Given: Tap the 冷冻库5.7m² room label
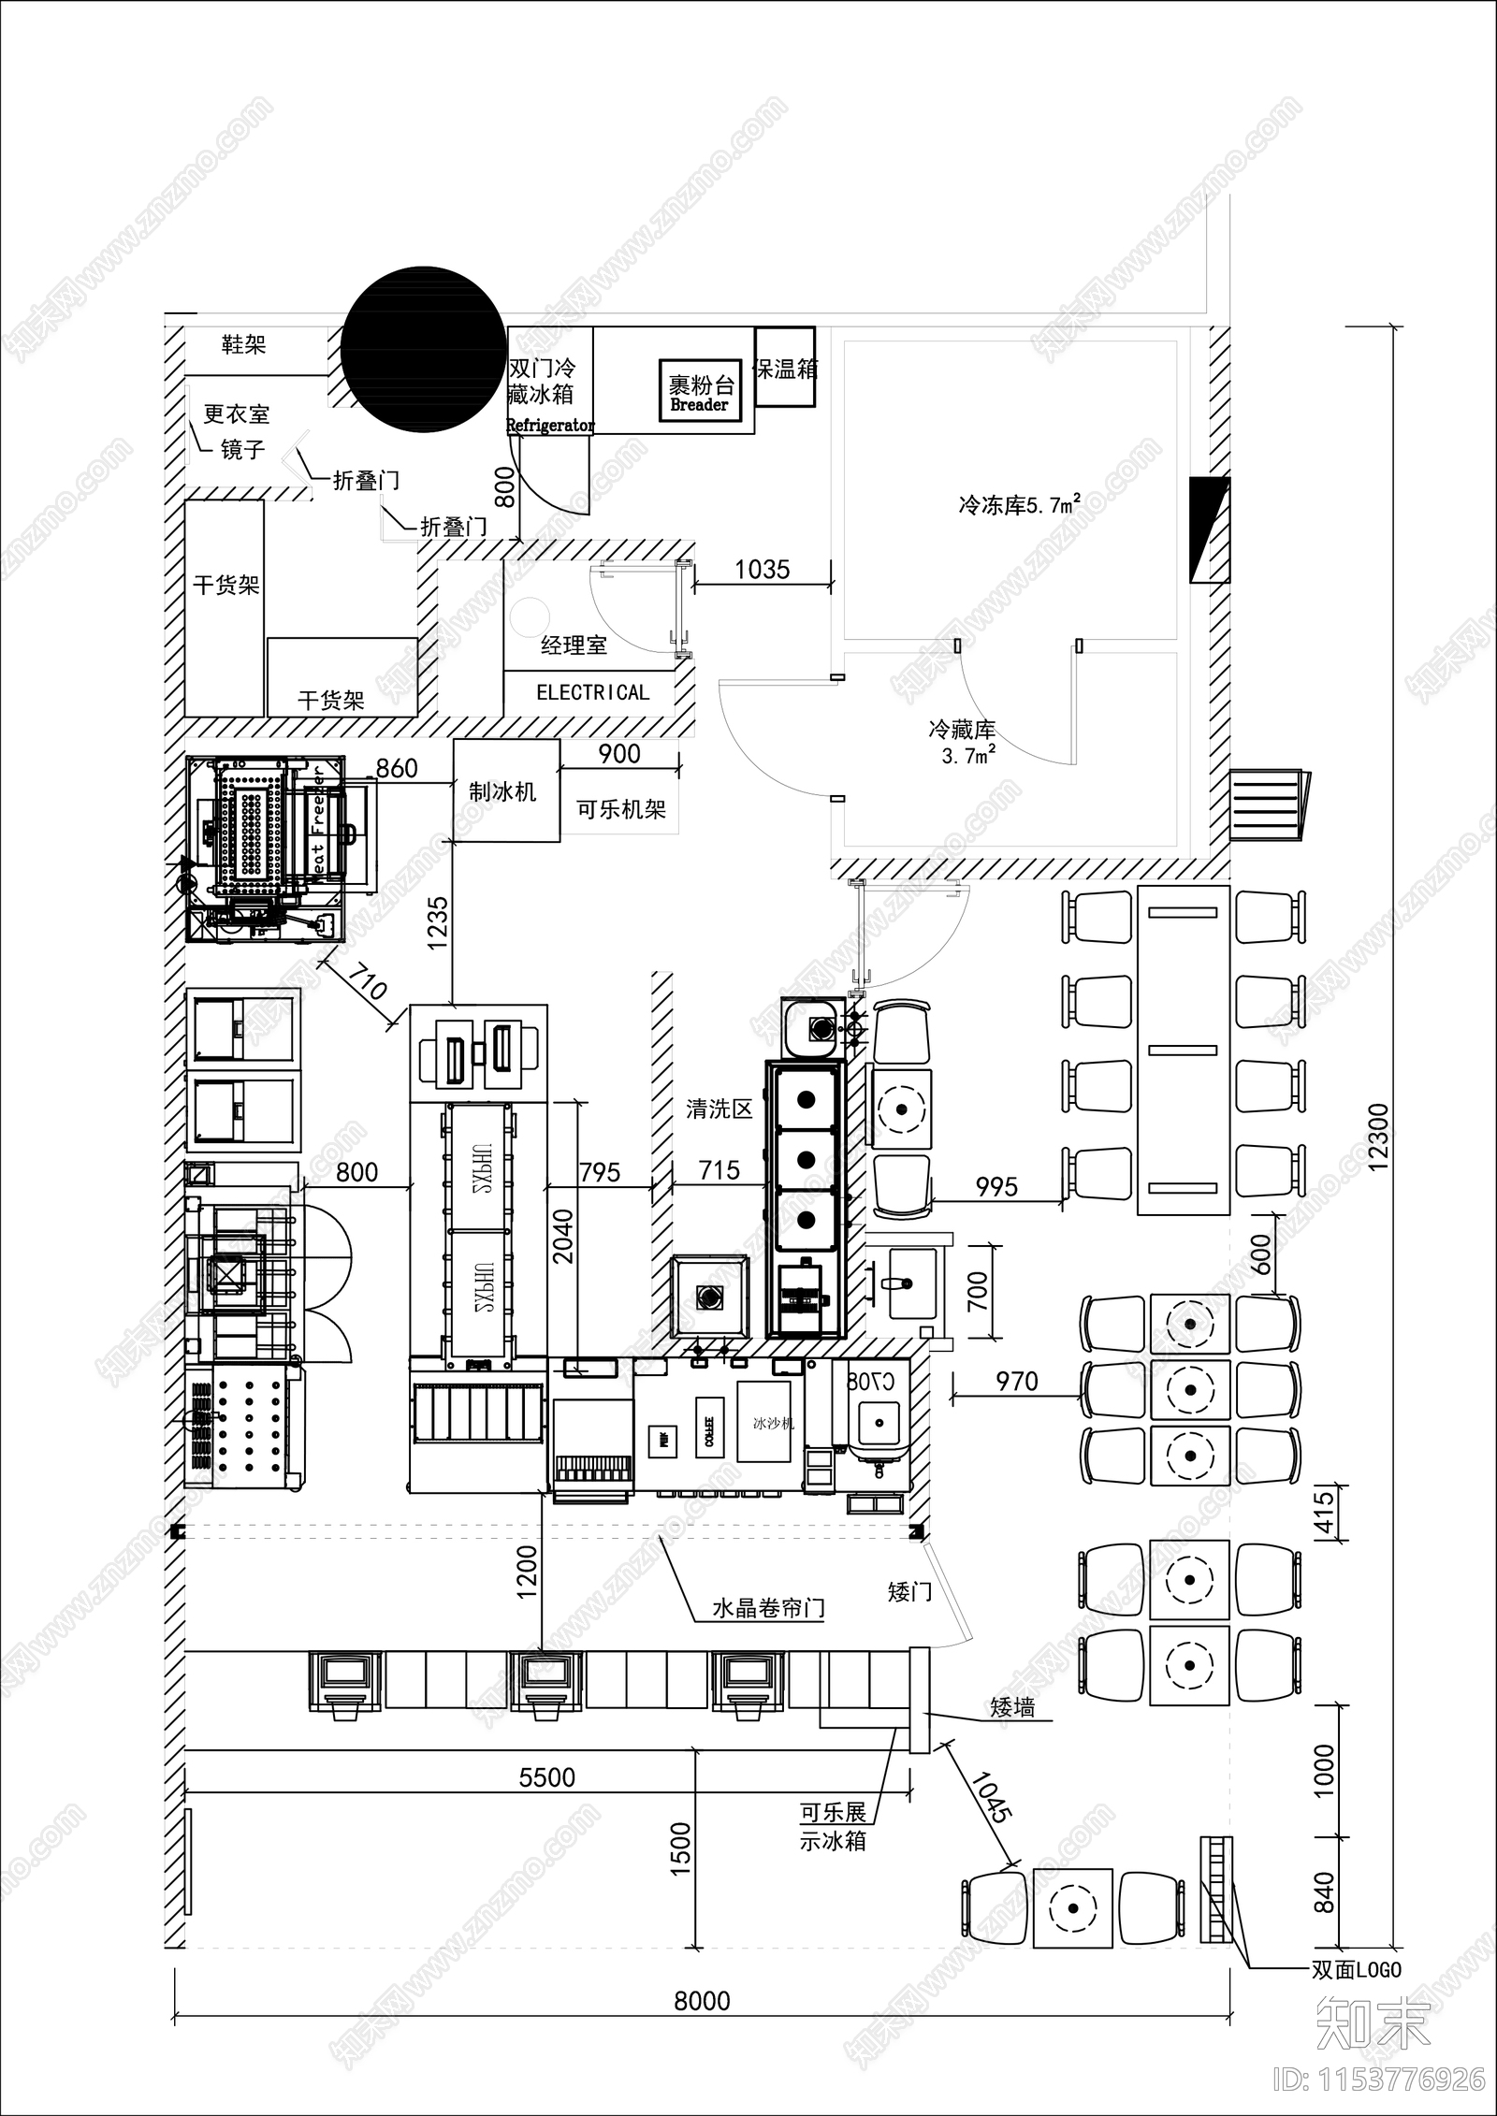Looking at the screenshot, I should [1020, 504].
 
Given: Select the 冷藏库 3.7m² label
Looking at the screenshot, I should [963, 741].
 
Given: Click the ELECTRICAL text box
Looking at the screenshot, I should [591, 693].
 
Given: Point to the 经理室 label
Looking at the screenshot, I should [574, 645].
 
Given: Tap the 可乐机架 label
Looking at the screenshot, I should [620, 809].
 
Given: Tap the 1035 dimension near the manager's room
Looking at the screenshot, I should [762, 569].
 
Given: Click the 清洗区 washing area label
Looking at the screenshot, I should [719, 1109].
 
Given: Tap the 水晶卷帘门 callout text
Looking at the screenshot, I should [768, 1609].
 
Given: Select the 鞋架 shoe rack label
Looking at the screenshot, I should [243, 345].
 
